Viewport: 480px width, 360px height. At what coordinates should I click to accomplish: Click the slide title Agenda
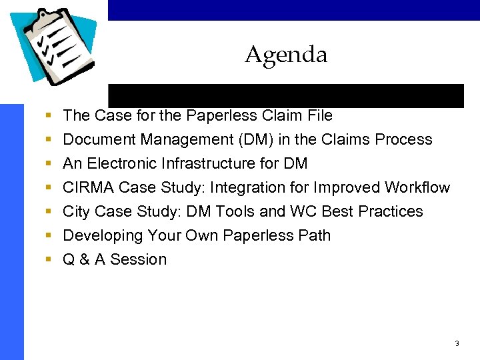[x=286, y=55]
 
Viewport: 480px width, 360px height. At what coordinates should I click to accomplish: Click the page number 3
[x=457, y=343]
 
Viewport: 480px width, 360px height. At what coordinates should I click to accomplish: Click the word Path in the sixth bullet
[x=315, y=235]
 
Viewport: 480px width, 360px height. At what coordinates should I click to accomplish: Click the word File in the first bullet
[x=318, y=115]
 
